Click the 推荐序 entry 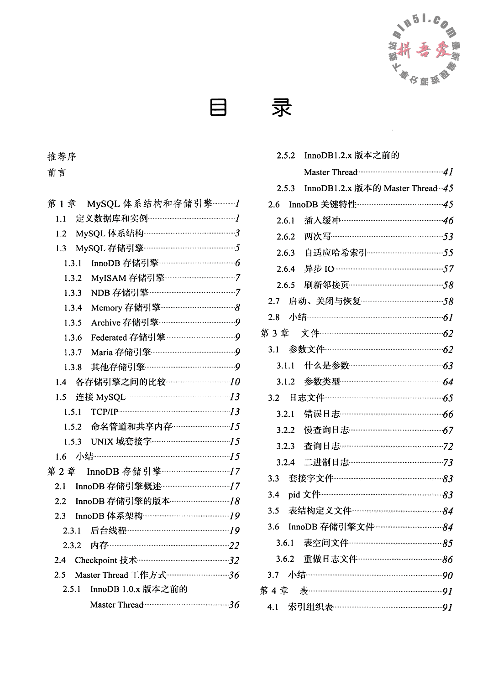click(62, 157)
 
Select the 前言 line click(57, 173)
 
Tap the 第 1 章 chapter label click(62, 204)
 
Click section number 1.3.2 click(73, 278)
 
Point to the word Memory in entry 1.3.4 click(106, 308)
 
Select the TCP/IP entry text click(105, 412)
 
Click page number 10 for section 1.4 click(235, 382)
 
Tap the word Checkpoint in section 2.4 click(96, 560)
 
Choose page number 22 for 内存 click(234, 545)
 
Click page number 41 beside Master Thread click(448, 172)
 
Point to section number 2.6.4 click(286, 269)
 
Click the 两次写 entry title click(318, 237)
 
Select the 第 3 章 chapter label click(275, 333)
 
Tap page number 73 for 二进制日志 click(448, 462)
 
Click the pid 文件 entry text click(304, 495)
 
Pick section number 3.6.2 click(285, 559)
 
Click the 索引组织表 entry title click(311, 607)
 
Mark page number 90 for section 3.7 click(447, 575)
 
